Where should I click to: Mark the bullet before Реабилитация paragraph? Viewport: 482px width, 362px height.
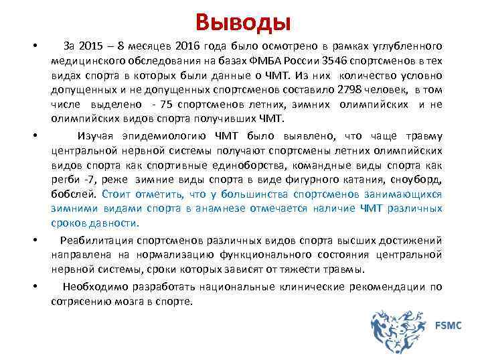tap(33, 239)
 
